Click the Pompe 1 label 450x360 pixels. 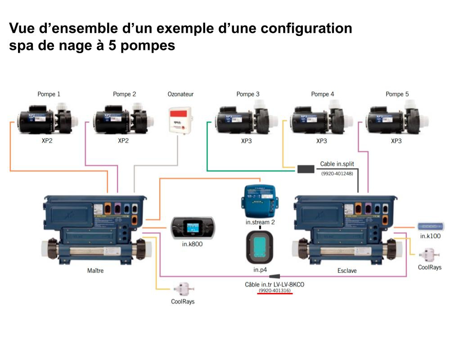point(49,94)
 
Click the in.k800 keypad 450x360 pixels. point(192,228)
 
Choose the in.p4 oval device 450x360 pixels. point(260,248)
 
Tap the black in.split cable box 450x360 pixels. point(306,169)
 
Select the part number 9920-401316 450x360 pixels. point(275,291)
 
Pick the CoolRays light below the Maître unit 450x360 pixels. point(183,288)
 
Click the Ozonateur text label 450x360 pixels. point(180,94)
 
